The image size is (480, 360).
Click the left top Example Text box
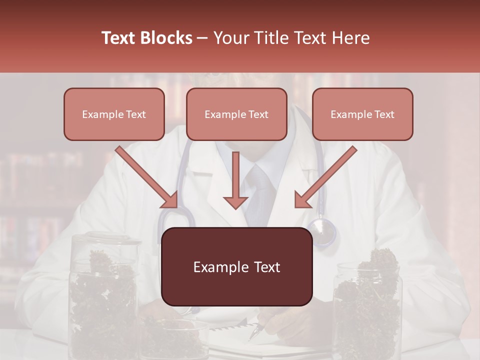[114, 114]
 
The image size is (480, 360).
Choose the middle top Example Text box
[236, 114]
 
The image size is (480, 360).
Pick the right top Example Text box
[362, 114]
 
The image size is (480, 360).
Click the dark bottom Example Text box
[236, 267]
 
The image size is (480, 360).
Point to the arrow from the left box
[148, 178]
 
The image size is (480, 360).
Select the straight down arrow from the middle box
[235, 182]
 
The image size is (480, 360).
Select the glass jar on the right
[367, 305]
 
